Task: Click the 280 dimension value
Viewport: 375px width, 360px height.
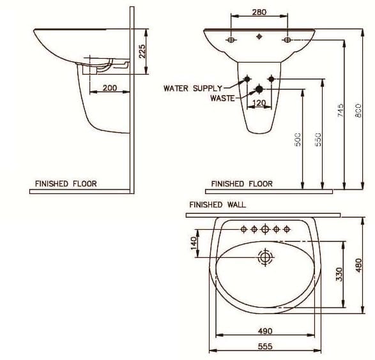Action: [x=259, y=11]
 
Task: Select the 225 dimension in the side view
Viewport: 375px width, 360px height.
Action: [x=142, y=51]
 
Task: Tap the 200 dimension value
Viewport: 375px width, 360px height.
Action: [x=109, y=87]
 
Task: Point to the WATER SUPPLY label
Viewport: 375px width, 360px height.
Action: [x=193, y=88]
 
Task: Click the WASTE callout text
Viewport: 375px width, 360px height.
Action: [x=222, y=98]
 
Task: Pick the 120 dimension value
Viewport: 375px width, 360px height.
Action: [x=259, y=102]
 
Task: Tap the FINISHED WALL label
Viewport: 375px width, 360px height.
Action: [x=217, y=205]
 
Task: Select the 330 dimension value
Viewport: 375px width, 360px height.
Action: [x=340, y=274]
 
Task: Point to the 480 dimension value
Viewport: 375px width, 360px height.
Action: [x=358, y=264]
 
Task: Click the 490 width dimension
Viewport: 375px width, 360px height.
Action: [x=265, y=331]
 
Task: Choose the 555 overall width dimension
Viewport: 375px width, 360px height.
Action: [x=265, y=346]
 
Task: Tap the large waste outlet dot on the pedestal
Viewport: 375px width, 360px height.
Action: [x=259, y=89]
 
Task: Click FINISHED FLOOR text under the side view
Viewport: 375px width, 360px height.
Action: [x=66, y=184]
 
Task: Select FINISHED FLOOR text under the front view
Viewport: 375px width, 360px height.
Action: [x=242, y=184]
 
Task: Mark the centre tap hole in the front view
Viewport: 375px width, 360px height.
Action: [x=259, y=36]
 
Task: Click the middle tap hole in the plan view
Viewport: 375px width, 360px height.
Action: [x=265, y=229]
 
